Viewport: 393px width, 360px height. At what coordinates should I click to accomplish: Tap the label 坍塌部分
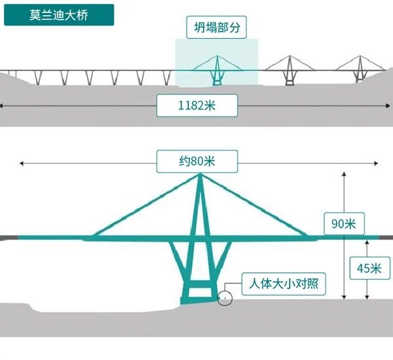[x=216, y=28]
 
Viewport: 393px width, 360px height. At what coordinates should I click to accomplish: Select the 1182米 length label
[x=196, y=105]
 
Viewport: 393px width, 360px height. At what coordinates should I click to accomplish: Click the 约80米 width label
[x=196, y=160]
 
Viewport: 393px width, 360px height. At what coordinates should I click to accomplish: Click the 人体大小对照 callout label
[x=284, y=285]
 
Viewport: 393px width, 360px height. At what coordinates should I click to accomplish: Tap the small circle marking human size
[x=225, y=298]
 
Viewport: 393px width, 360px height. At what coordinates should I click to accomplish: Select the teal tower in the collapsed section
[x=217, y=69]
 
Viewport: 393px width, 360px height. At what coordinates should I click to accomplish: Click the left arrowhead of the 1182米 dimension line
[x=3, y=105]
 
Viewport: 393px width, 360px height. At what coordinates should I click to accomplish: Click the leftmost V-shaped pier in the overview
[x=38, y=77]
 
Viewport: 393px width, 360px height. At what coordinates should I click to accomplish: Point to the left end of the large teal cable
[x=92, y=236]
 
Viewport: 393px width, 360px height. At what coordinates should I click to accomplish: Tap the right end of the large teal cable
[x=307, y=235]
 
